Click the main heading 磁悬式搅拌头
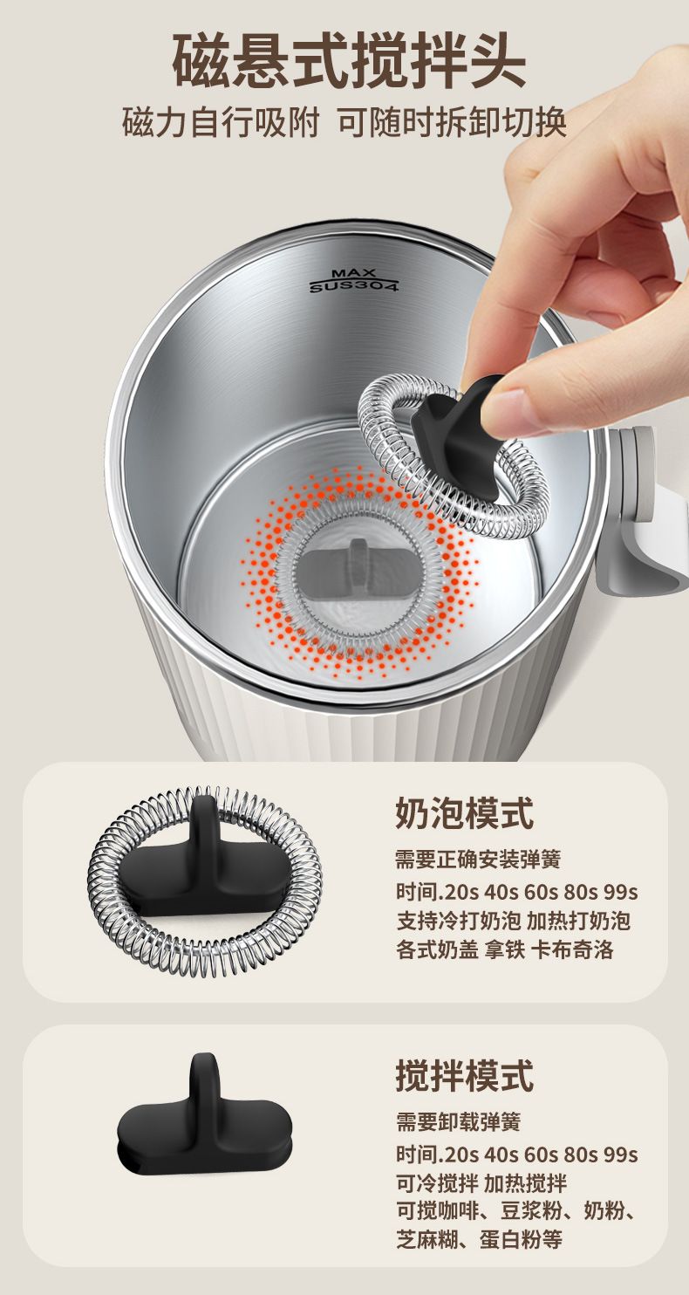click(349, 61)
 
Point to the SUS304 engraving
click(354, 285)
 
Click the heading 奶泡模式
click(464, 812)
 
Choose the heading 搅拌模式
click(464, 1075)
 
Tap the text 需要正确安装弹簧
click(478, 860)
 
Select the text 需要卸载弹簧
click(459, 1122)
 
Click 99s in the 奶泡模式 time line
click(620, 892)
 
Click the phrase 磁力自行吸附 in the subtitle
click(221, 122)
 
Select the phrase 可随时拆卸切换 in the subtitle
click(452, 122)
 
